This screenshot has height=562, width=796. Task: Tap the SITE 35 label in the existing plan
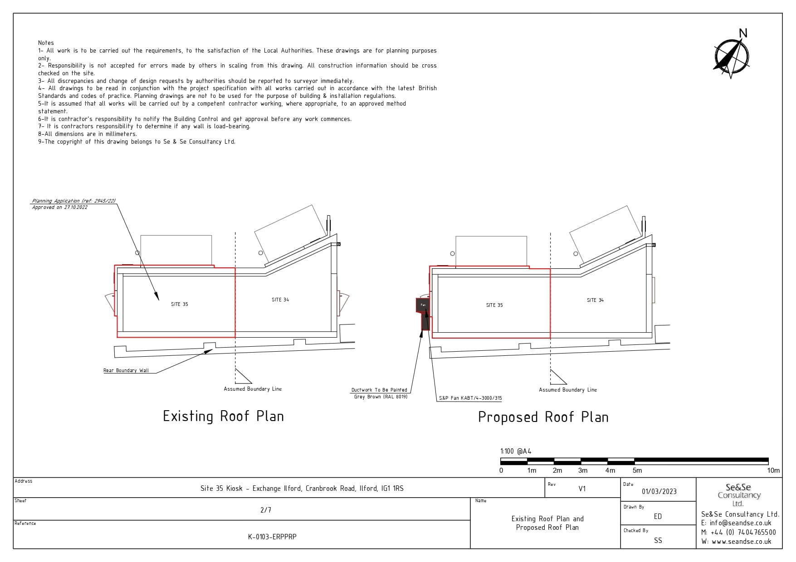[179, 304]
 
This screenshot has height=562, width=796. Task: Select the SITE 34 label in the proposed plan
[595, 300]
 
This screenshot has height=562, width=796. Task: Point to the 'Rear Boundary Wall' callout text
[126, 370]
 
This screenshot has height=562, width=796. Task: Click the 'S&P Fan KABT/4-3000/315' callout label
[470, 398]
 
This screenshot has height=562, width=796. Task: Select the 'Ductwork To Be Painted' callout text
[379, 390]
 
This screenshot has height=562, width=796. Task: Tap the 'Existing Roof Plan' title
[223, 416]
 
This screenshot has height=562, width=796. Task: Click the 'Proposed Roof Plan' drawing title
[543, 417]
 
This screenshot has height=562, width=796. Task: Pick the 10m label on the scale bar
[773, 470]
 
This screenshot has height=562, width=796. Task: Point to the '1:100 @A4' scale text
[516, 451]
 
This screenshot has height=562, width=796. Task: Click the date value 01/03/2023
[659, 491]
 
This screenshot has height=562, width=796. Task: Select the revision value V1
[582, 489]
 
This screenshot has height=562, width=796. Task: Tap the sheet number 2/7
[266, 510]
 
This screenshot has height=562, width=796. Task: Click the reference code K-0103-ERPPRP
[272, 537]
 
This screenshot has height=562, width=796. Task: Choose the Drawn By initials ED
[658, 516]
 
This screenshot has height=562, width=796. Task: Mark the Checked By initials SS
[658, 540]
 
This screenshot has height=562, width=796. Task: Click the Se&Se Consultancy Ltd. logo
[738, 494]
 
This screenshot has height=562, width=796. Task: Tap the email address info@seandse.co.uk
[740, 523]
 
